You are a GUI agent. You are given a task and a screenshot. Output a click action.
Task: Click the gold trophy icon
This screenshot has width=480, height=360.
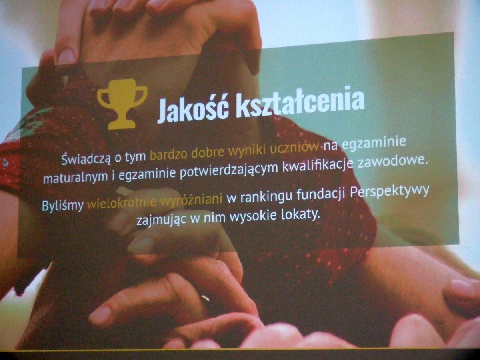tap(122, 104)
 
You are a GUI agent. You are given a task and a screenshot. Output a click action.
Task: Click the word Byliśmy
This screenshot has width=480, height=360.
tap(63, 205)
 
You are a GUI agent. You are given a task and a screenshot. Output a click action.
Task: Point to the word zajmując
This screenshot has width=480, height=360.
tap(162, 220)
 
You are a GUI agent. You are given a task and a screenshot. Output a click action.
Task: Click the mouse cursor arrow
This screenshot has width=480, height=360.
tap(6, 163)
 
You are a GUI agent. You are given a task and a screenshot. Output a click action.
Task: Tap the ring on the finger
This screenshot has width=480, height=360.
tap(205, 298)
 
